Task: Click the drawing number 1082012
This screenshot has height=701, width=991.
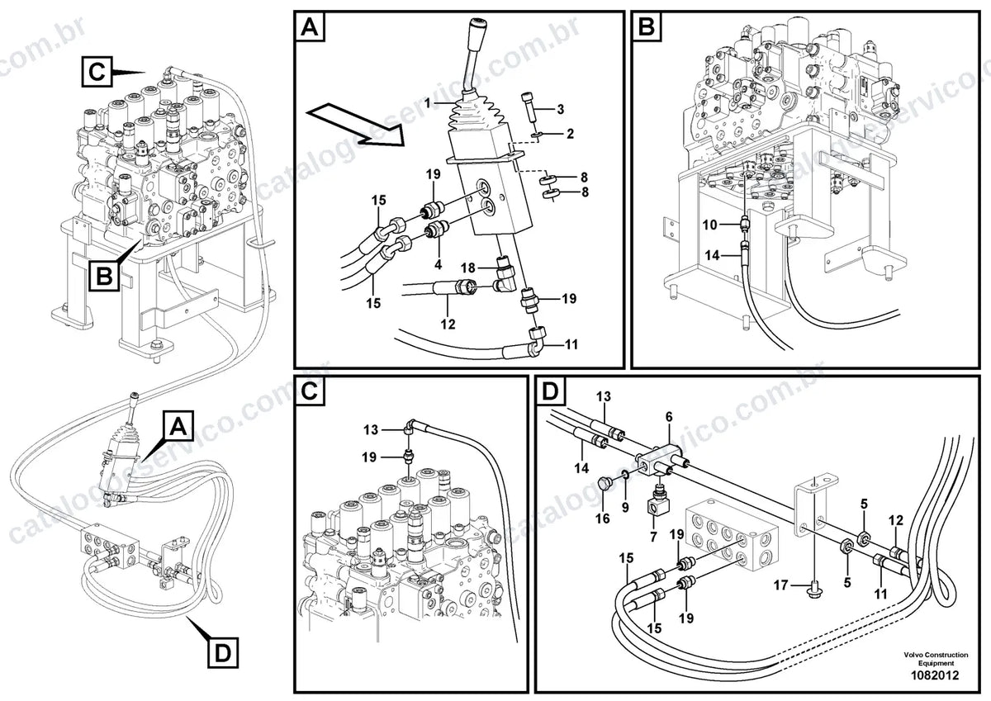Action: click(x=934, y=675)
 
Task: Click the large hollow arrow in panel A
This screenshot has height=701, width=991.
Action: click(x=356, y=125)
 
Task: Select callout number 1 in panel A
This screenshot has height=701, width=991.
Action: click(x=427, y=103)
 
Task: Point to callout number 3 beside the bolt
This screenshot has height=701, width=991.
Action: click(x=560, y=109)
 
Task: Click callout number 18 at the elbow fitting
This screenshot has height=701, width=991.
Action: click(x=467, y=268)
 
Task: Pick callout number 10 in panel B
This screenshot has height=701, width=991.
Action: click(x=709, y=225)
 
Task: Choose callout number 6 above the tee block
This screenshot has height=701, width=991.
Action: click(x=669, y=417)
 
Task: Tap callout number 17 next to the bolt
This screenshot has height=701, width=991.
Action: click(x=781, y=585)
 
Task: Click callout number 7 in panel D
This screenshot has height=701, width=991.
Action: click(x=653, y=537)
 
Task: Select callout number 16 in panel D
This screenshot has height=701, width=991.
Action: click(x=603, y=519)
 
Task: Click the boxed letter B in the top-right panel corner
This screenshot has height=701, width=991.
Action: click(x=647, y=26)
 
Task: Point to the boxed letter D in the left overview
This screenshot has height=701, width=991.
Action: click(x=222, y=652)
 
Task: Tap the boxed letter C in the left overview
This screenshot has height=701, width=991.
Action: click(x=97, y=72)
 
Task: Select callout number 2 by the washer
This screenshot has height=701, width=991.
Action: click(x=570, y=134)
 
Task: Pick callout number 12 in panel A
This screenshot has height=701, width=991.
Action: click(x=448, y=324)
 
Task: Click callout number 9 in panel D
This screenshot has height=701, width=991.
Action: click(x=625, y=507)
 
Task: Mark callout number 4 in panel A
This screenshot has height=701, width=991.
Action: click(x=438, y=264)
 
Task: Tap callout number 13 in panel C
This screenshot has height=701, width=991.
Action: click(x=371, y=430)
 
